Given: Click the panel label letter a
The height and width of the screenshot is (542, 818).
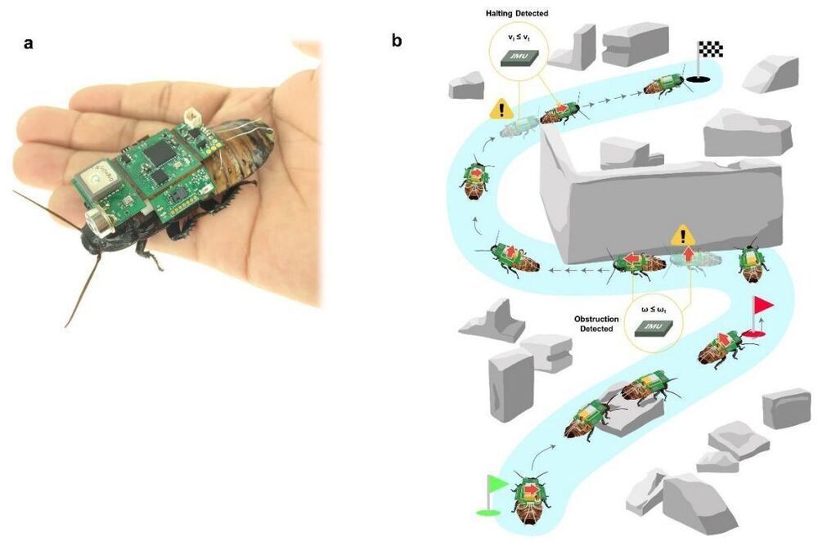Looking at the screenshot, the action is tap(28, 43).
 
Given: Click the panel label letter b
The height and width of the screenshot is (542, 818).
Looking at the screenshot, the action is tap(397, 41).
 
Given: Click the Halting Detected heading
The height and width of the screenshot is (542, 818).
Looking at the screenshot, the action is tap(516, 13).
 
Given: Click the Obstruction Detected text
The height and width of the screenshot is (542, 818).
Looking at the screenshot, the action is tap(596, 324).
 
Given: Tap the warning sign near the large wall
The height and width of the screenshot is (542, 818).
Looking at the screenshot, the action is tap(682, 235).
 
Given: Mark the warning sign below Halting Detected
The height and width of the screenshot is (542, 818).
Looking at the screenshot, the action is tap(502, 109).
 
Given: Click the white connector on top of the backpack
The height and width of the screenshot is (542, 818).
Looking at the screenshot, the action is tap(190, 118).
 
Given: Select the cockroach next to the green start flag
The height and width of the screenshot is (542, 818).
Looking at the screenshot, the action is tap(529, 497).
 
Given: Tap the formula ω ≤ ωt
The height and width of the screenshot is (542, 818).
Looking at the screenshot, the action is tap(653, 310).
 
